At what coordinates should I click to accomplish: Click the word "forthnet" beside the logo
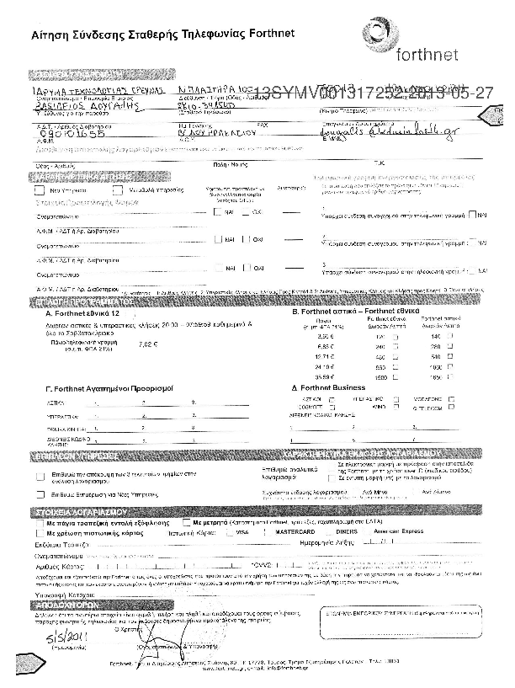(x=427, y=56)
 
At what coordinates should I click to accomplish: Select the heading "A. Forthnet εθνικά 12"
(x=84, y=312)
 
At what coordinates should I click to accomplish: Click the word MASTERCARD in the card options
(x=289, y=533)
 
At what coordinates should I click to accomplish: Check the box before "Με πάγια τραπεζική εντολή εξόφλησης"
(x=39, y=523)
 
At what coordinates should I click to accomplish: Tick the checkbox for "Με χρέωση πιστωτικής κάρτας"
(x=39, y=534)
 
